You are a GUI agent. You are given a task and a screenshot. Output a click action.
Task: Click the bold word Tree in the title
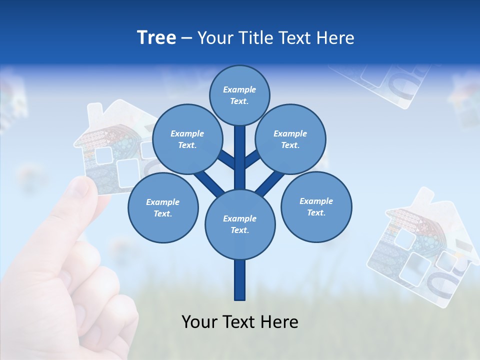pyautogui.click(x=156, y=37)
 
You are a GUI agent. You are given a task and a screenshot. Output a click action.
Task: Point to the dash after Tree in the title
pyautogui.click(x=186, y=38)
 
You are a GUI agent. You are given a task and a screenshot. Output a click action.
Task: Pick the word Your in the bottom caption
pyautogui.click(x=199, y=322)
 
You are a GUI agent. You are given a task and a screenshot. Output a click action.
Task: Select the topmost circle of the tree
pyautogui.click(x=239, y=95)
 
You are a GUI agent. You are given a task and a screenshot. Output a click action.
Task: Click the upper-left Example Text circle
pyautogui.click(x=187, y=139)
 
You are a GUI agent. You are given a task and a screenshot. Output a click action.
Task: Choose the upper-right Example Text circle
pyautogui.click(x=290, y=139)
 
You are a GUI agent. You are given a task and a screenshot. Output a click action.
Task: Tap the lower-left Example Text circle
pyautogui.click(x=163, y=207)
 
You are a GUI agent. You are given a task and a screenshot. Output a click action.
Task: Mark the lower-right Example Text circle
pyautogui.click(x=316, y=206)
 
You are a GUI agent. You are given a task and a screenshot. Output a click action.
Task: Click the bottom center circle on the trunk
pyautogui.click(x=239, y=224)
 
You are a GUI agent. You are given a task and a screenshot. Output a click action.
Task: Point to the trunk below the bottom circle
pyautogui.click(x=239, y=280)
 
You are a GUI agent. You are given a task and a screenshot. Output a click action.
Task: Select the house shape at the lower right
pyautogui.click(x=420, y=245)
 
